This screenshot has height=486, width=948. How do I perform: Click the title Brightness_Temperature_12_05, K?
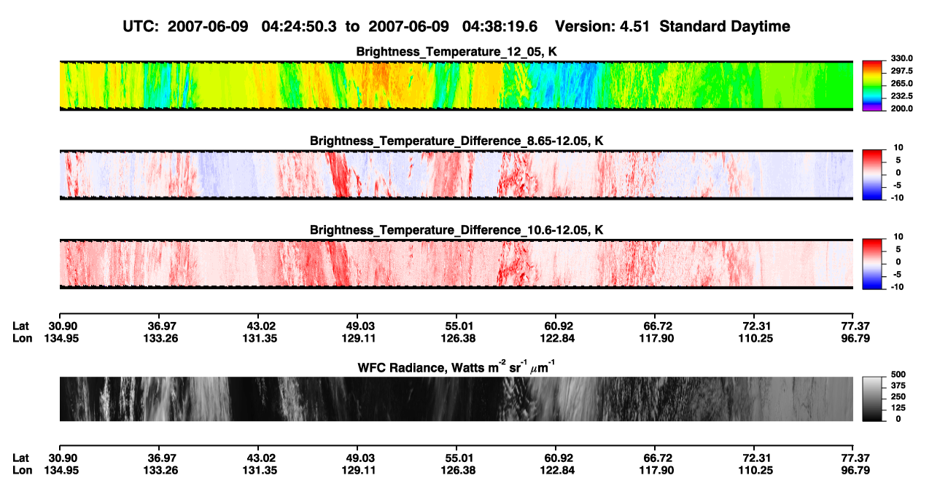click(x=456, y=52)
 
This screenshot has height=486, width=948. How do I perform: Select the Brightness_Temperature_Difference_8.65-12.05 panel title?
click(x=456, y=141)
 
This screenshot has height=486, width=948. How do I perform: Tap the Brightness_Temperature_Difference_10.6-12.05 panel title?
click(x=456, y=230)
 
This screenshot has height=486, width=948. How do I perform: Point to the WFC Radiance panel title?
click(x=456, y=367)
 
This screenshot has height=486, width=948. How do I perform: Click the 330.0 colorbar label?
click(x=901, y=58)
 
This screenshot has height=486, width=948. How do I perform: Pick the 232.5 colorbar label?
click(x=901, y=96)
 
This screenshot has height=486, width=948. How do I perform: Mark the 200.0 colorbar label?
click(x=901, y=109)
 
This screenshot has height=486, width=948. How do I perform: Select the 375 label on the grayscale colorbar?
click(x=898, y=385)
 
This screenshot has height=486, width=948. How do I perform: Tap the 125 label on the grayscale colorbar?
click(x=898, y=408)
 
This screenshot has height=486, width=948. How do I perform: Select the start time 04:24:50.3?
click(x=299, y=27)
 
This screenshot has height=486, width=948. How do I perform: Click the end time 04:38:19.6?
click(x=500, y=27)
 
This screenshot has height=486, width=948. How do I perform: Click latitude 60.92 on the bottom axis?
click(x=558, y=458)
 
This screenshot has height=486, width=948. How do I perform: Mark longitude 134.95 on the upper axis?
click(x=61, y=338)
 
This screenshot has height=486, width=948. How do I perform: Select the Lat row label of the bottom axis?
click(x=20, y=458)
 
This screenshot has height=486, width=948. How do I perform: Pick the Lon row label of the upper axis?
click(x=22, y=338)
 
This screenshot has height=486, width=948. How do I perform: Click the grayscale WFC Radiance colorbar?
click(x=872, y=399)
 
